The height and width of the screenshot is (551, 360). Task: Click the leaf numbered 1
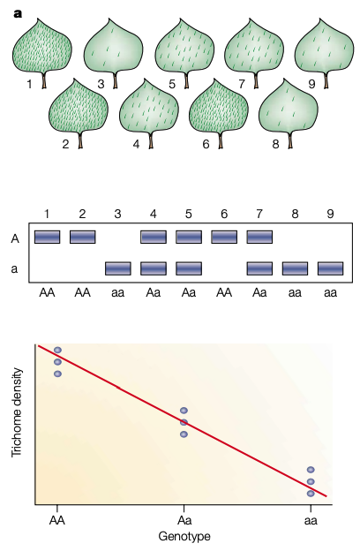click(x=42, y=48)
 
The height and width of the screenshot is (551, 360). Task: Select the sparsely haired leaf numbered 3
click(x=113, y=48)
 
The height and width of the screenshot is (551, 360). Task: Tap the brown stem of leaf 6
click(x=221, y=141)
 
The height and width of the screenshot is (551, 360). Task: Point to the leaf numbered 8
click(x=289, y=107)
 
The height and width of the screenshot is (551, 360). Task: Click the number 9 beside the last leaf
click(x=311, y=84)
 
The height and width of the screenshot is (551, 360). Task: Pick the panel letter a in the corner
click(x=18, y=14)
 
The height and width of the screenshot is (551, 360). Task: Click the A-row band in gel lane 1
click(x=47, y=237)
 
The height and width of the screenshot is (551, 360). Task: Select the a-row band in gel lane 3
click(x=118, y=268)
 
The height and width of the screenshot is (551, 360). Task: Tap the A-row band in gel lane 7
click(x=259, y=237)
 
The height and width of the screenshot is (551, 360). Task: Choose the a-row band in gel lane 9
click(x=331, y=268)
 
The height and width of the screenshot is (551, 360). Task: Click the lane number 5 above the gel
click(x=189, y=214)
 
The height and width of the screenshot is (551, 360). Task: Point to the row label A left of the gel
click(x=15, y=238)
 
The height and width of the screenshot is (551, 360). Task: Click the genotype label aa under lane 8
click(x=295, y=292)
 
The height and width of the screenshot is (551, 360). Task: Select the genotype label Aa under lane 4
click(x=154, y=292)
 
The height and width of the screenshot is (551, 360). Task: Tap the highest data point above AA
click(x=58, y=350)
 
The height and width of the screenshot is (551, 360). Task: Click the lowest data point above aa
click(x=311, y=494)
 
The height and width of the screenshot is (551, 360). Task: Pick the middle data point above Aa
click(x=184, y=422)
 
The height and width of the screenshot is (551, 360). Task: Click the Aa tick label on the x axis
click(x=184, y=520)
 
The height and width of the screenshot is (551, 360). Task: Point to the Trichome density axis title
click(x=17, y=412)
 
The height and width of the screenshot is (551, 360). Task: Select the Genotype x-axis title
click(x=184, y=537)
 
